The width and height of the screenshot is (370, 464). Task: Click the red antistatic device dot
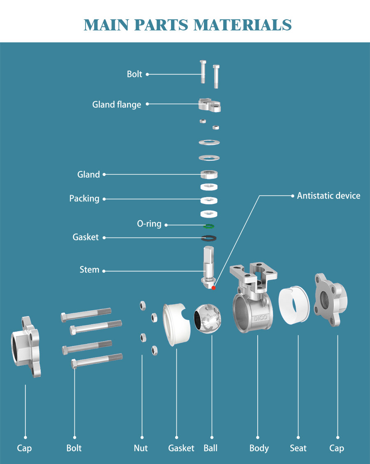tap(213, 288)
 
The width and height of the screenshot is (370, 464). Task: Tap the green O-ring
tap(209, 226)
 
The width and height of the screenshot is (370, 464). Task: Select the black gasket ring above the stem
tap(209, 238)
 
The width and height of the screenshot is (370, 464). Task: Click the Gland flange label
tap(116, 105)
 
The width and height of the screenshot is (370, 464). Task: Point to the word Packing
tap(84, 199)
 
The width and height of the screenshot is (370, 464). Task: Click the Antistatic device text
tap(328, 196)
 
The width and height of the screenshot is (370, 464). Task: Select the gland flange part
tap(210, 105)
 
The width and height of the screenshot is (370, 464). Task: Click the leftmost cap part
tap(25, 346)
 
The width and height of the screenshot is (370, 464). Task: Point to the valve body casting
tap(252, 304)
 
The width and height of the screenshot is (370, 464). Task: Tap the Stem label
tap(90, 270)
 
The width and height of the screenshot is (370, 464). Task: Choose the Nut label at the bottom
tap(141, 448)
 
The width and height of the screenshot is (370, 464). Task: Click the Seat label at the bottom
tap(298, 448)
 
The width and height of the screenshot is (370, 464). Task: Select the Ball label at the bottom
tap(211, 448)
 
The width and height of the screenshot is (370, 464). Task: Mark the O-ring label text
tap(149, 224)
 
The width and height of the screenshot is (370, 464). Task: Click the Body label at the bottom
tap(259, 448)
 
